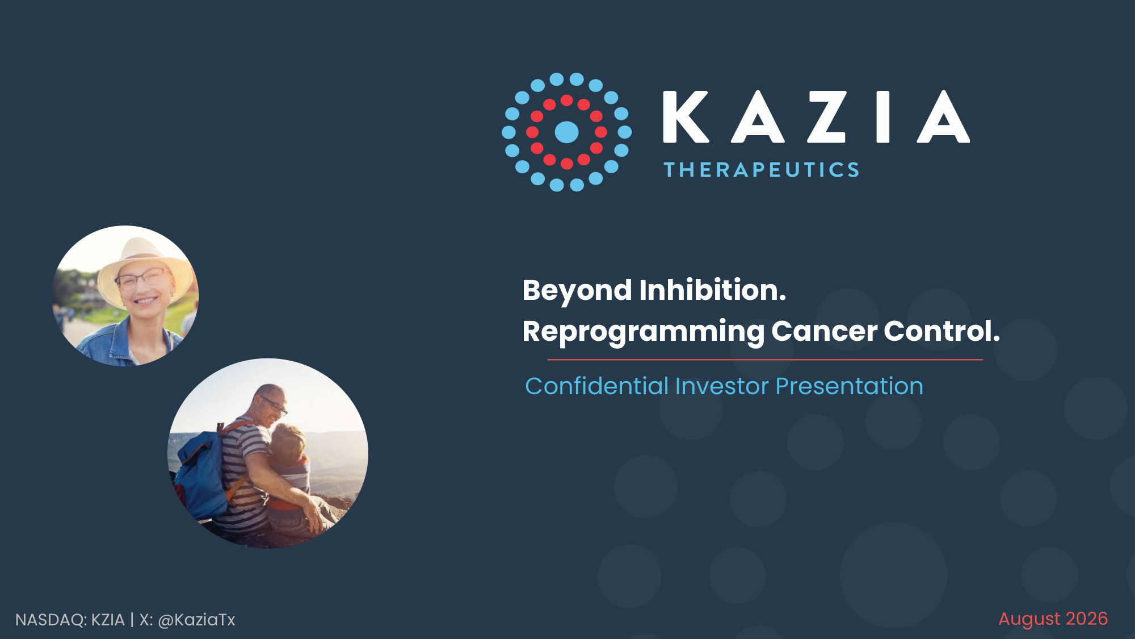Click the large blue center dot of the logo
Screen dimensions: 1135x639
(x=566, y=132)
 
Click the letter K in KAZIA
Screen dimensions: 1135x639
(x=686, y=116)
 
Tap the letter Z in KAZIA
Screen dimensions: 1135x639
(x=827, y=116)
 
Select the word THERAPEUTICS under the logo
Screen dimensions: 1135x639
(x=762, y=170)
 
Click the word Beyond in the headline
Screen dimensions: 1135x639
(x=577, y=291)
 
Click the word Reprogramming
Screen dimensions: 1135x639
(x=643, y=332)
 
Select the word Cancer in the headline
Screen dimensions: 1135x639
(x=824, y=331)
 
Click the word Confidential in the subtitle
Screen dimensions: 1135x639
(x=596, y=386)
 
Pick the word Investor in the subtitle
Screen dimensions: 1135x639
(x=722, y=386)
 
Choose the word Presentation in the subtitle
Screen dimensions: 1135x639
(x=849, y=386)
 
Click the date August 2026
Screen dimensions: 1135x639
(x=1053, y=619)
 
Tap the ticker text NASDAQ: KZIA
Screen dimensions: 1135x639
(x=70, y=620)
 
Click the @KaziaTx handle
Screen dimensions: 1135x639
(x=196, y=620)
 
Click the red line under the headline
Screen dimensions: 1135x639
(x=765, y=360)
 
